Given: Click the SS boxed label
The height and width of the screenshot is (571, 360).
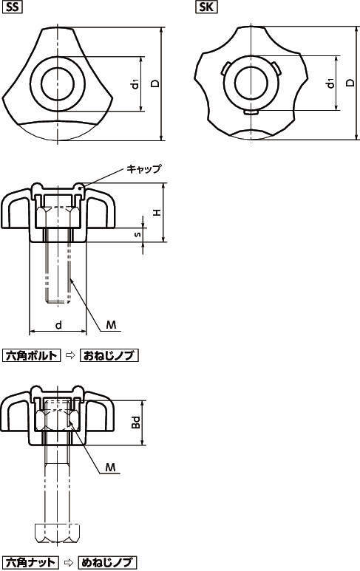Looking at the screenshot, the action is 12,7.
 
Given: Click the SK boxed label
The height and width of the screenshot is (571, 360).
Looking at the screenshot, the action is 206,7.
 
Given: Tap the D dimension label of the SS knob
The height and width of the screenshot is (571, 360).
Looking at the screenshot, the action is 155,83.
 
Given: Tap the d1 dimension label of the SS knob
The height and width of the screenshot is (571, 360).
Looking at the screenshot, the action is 135,84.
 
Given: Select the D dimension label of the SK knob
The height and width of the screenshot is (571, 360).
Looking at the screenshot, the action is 350,83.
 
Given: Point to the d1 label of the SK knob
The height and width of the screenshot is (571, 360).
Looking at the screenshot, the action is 330,83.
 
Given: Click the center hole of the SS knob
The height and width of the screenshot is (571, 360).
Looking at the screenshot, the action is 58,83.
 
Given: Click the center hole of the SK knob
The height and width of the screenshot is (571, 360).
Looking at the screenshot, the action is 251,83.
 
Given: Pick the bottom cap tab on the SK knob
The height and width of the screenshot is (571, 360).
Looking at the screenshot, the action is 251,113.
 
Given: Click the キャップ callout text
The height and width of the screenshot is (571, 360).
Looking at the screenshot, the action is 143,169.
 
